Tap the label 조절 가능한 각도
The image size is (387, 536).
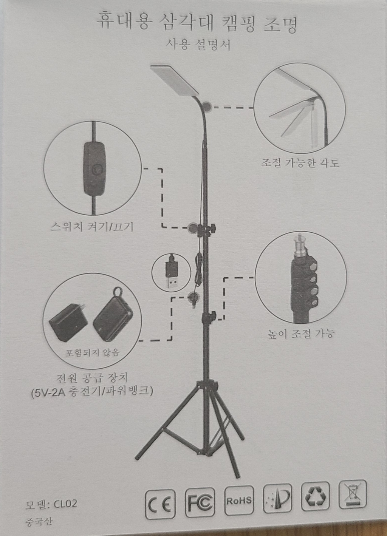click(x=300, y=163)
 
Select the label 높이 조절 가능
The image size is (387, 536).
click(x=300, y=334)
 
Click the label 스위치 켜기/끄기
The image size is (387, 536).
click(x=92, y=227)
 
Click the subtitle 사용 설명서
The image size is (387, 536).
click(x=198, y=45)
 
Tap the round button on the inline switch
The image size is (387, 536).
click(x=97, y=170)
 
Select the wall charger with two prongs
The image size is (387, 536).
click(x=68, y=322)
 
